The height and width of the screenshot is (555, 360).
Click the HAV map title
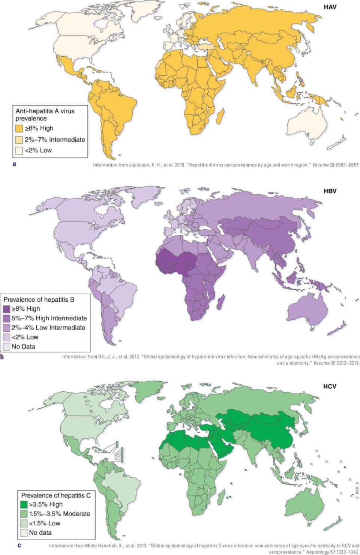tap(330, 7)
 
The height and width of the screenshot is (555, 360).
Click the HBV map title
tap(330, 191)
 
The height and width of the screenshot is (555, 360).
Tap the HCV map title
tap(330, 386)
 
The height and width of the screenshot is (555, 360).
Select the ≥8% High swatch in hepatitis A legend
tap(19, 128)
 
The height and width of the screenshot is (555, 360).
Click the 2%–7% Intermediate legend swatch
tap(19, 140)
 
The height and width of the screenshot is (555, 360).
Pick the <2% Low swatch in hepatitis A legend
tap(19, 150)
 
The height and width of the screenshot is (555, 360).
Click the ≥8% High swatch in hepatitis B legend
tap(7, 309)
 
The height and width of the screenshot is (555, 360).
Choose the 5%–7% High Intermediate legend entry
tap(49, 318)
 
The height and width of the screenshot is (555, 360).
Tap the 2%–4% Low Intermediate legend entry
tap(48, 328)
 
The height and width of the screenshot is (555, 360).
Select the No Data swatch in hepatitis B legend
tap(7, 346)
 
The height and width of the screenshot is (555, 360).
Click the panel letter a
tap(14, 164)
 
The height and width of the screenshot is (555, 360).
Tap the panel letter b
tap(2, 356)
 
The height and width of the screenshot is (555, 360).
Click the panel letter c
tap(19, 545)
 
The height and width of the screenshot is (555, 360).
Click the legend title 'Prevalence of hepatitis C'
tap(56, 495)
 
